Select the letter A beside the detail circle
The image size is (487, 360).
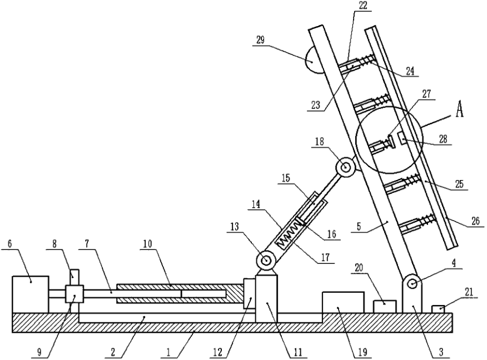point(460,111)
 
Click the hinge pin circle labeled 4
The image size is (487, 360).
point(413,284)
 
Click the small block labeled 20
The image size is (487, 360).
point(384,306)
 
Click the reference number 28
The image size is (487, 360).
point(443,141)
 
